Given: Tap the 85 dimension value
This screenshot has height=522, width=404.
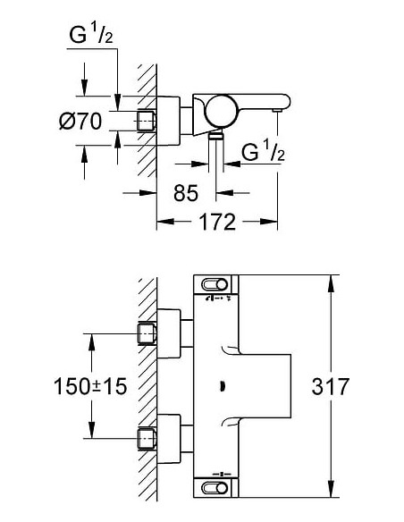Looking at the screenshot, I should [x=185, y=191].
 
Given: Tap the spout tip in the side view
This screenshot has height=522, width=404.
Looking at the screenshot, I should [x=277, y=107].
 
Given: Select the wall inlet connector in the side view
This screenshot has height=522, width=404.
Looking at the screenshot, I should [x=147, y=120].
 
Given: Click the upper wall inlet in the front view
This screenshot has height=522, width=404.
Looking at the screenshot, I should [x=147, y=334].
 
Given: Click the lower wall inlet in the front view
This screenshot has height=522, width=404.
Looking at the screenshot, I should [x=147, y=438].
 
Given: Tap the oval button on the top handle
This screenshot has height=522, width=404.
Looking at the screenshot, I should [x=215, y=284].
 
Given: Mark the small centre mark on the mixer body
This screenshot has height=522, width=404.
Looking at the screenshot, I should [x=220, y=386].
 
